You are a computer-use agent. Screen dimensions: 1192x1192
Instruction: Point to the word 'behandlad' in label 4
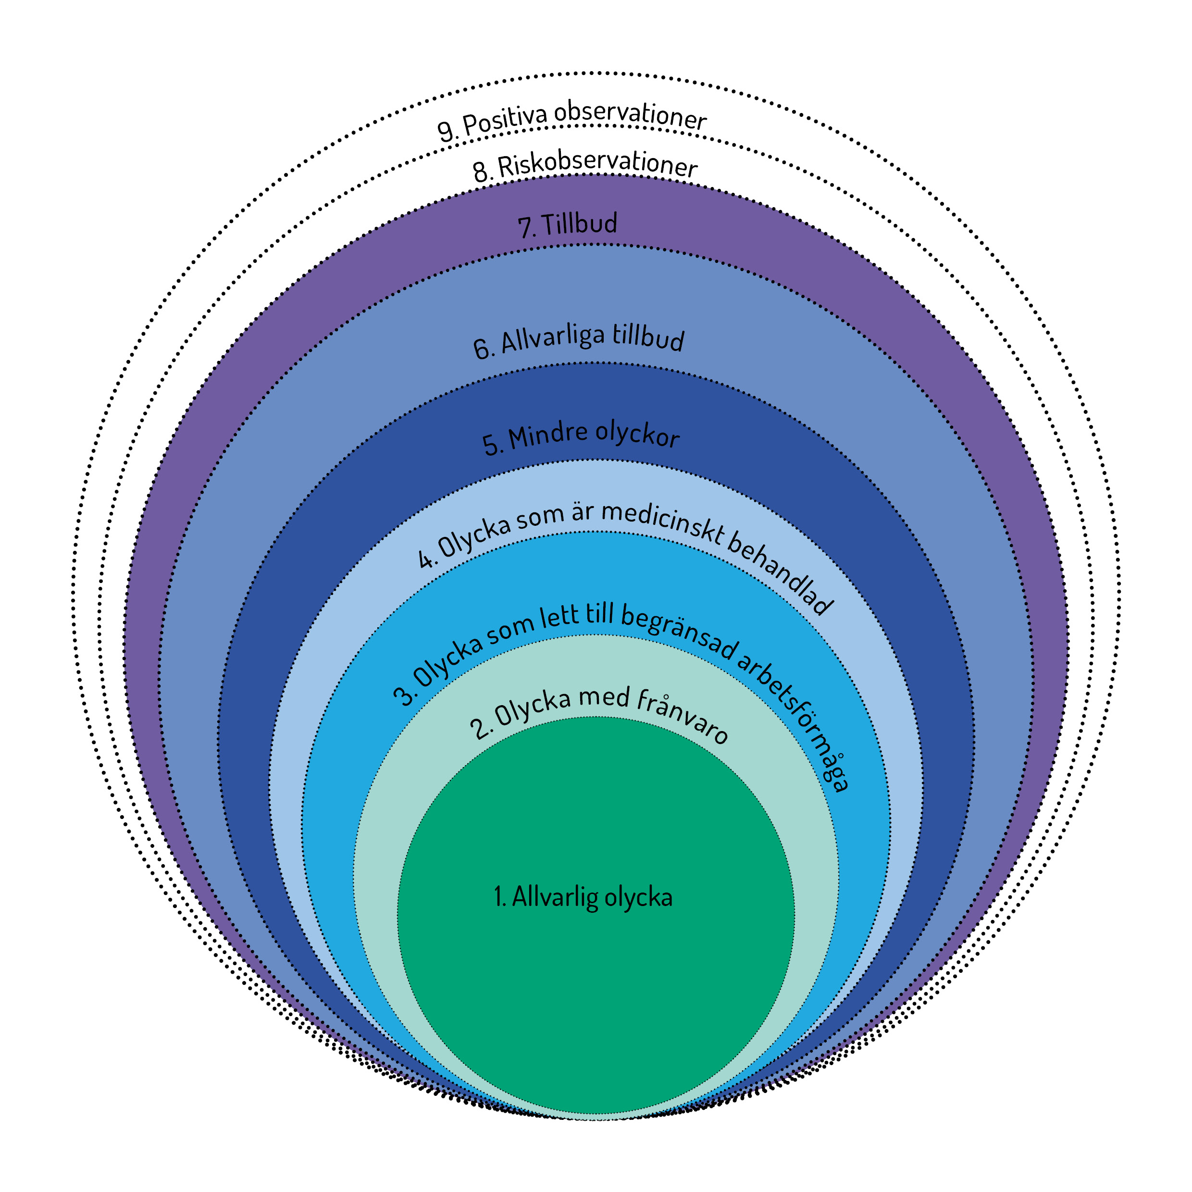pyautogui.click(x=781, y=572)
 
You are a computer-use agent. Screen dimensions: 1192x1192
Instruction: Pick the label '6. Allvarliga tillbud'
pyautogui.click(x=579, y=341)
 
